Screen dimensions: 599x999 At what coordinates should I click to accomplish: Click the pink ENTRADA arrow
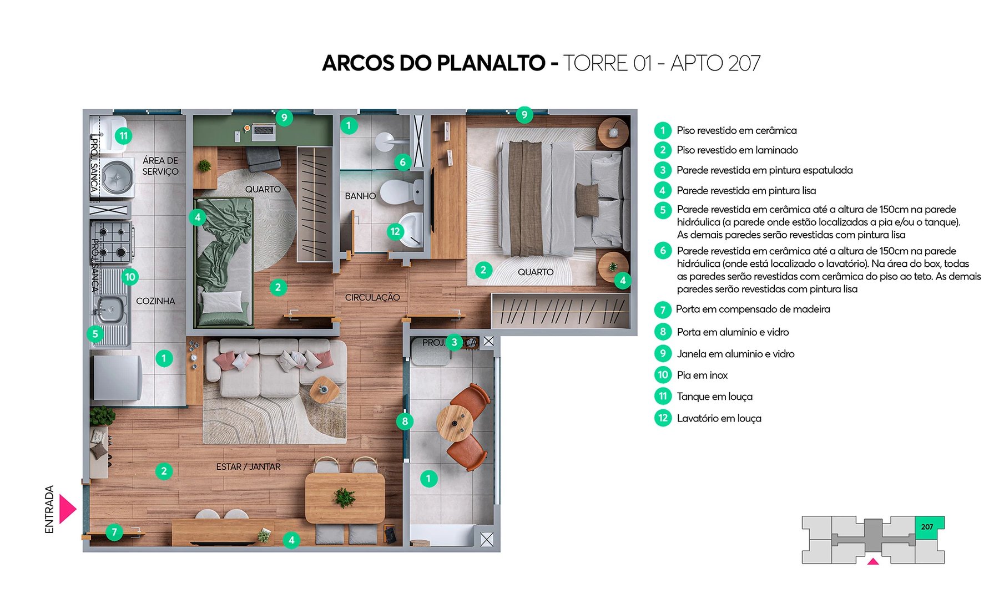67,509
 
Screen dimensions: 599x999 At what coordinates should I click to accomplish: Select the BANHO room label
360,196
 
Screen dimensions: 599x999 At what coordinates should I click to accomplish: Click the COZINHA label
155,301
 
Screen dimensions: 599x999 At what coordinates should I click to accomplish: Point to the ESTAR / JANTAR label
248,467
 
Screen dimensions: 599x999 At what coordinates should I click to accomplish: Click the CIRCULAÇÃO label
372,298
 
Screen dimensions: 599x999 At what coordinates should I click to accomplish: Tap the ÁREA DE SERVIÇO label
160,166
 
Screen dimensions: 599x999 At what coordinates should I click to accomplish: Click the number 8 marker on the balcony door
405,422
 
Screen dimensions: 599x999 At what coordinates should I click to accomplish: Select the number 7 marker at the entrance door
114,532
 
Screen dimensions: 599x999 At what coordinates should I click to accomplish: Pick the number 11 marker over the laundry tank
123,136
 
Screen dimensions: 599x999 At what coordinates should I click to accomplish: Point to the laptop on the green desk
263,131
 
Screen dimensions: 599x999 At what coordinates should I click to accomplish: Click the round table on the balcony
455,423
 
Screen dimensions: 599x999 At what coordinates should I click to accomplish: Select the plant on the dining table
345,498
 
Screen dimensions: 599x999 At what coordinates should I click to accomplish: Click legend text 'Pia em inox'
702,375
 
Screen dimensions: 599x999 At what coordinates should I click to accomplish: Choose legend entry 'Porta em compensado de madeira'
753,309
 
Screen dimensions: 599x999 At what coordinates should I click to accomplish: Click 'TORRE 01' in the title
607,63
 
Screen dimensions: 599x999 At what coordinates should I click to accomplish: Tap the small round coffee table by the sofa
324,389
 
